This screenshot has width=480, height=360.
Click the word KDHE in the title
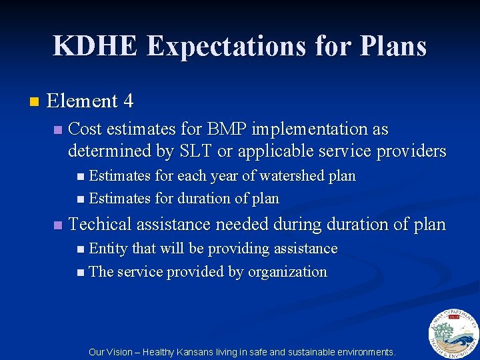point(96,46)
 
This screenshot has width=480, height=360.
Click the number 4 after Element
point(128,101)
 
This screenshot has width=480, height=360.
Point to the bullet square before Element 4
point(35,102)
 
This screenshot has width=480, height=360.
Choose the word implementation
point(314,129)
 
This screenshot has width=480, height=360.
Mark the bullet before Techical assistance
point(58,225)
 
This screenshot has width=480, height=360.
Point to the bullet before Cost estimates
point(58,129)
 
